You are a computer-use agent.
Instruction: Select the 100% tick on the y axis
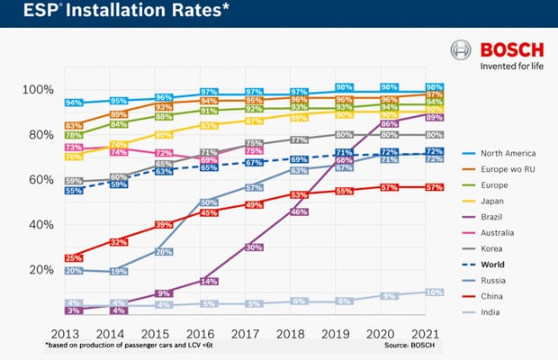(x=40, y=90)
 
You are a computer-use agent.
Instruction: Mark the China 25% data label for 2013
(x=73, y=258)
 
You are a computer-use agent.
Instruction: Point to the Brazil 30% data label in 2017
(x=254, y=247)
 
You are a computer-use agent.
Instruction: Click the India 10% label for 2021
(x=434, y=292)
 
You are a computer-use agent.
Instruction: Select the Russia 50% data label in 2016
(x=209, y=202)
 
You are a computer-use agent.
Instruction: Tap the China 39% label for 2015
(x=164, y=224)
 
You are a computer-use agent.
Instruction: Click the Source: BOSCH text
(x=409, y=346)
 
